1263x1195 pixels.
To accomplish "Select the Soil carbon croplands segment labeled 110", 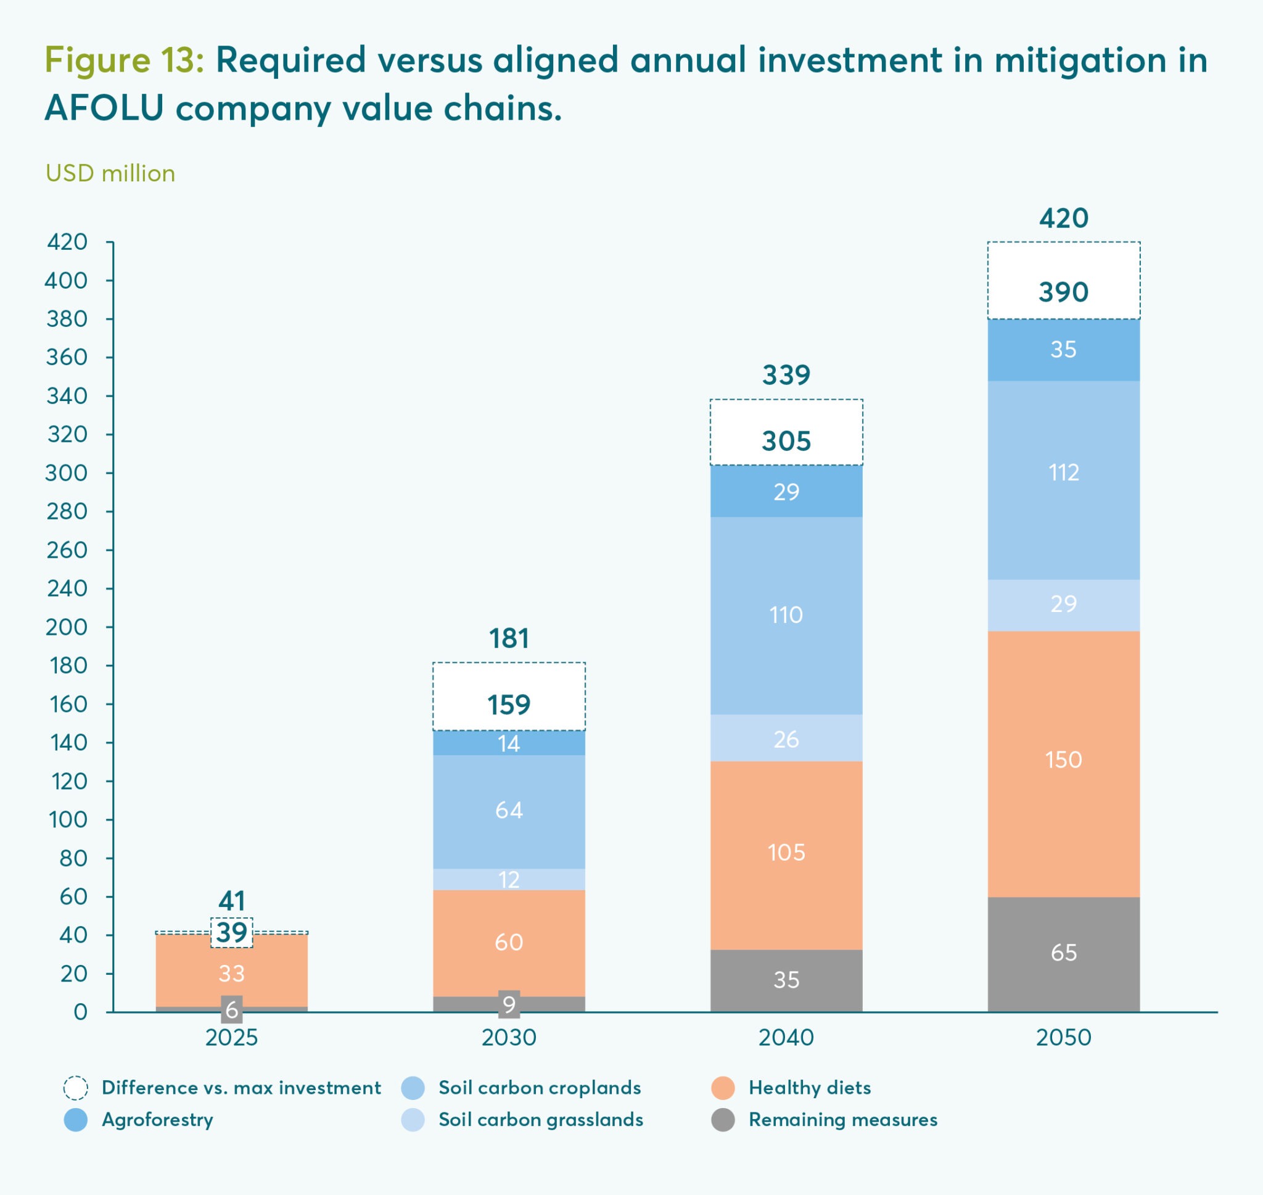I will (x=786, y=615).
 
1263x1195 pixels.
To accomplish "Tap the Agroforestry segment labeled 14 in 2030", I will (x=509, y=743).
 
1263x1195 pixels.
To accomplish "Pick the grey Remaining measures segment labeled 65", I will (x=1063, y=953).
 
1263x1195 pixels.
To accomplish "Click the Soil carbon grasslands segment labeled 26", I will (x=786, y=739).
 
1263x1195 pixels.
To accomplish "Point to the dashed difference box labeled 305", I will (x=786, y=433).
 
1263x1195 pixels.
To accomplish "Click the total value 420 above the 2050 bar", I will (x=1063, y=218).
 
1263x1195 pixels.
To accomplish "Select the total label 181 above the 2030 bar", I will (x=509, y=639).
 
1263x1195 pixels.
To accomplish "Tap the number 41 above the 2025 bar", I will (x=232, y=901).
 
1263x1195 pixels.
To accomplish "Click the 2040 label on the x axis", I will (x=786, y=1038).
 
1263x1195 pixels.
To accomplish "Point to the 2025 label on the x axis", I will (x=232, y=1038).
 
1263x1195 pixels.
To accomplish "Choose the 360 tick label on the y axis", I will (x=67, y=357).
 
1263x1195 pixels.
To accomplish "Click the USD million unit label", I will (x=110, y=173).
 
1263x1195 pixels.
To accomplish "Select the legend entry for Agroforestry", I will (x=157, y=1119).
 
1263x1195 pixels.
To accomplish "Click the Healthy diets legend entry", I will (x=809, y=1088).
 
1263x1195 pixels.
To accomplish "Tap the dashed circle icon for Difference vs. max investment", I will (x=76, y=1088).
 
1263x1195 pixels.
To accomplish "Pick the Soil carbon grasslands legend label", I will (x=540, y=1119).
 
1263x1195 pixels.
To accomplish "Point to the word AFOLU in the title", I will (x=104, y=107).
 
